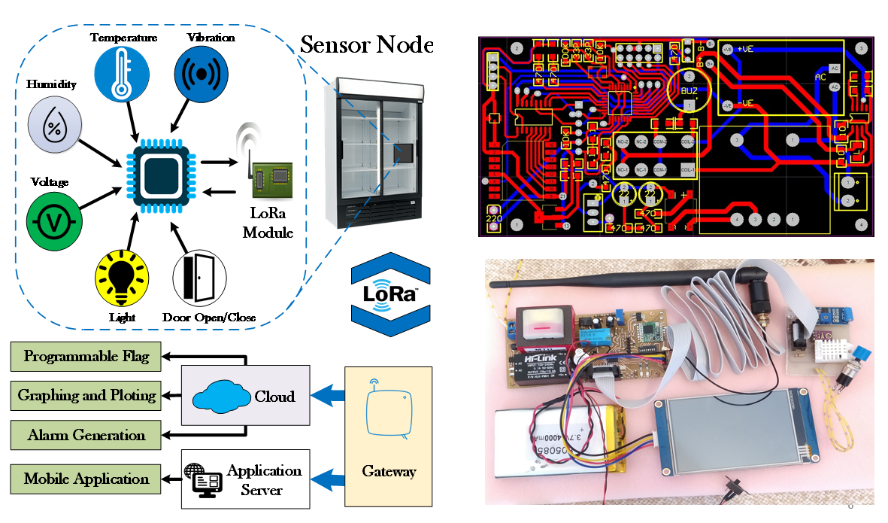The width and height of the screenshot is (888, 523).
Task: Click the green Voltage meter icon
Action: coord(52,220)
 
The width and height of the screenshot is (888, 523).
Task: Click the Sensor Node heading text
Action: coord(366,44)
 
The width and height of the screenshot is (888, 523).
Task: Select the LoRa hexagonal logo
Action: coord(391,293)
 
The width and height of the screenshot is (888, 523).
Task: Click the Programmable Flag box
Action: coord(86,356)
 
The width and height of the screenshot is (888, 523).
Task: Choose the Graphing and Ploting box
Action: coord(86,395)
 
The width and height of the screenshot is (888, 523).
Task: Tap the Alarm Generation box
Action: coord(86,435)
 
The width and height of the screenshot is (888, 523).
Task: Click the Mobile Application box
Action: coord(86,479)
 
